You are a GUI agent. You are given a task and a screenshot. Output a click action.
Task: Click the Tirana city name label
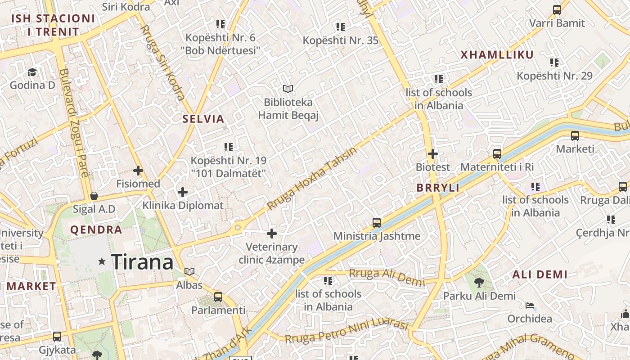point(142,262)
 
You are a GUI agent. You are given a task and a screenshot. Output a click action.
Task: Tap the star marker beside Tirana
point(102,261)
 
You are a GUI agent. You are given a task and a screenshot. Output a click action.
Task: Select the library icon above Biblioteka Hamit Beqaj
point(288,89)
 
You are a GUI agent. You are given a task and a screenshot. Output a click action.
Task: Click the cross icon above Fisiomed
point(138,171)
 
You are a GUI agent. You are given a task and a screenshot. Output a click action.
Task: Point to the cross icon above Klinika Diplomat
point(183,192)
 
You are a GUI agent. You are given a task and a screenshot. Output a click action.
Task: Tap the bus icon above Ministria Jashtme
point(377,222)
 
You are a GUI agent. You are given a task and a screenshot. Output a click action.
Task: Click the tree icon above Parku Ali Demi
point(479,283)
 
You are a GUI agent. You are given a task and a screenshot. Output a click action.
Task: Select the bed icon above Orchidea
point(530,306)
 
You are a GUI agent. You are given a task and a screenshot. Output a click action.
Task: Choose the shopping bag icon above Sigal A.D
point(94,196)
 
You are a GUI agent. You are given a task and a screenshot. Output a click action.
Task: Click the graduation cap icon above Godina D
point(32,72)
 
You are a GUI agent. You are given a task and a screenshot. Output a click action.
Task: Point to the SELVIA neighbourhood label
point(203,119)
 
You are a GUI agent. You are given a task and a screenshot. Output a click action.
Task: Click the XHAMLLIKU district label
point(497,55)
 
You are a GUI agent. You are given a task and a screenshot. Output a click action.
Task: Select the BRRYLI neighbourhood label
point(438,188)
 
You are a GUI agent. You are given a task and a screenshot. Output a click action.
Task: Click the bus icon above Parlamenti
point(218,297)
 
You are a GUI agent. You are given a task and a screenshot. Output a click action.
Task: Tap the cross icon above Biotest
point(433,154)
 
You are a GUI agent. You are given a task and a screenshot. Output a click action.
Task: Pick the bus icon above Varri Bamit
point(557,10)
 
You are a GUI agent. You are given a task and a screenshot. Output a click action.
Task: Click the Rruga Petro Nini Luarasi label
point(346,332)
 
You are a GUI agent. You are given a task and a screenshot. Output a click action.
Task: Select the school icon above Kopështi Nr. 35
point(341,27)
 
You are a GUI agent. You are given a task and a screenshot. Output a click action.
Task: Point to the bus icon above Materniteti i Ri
point(497,154)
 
